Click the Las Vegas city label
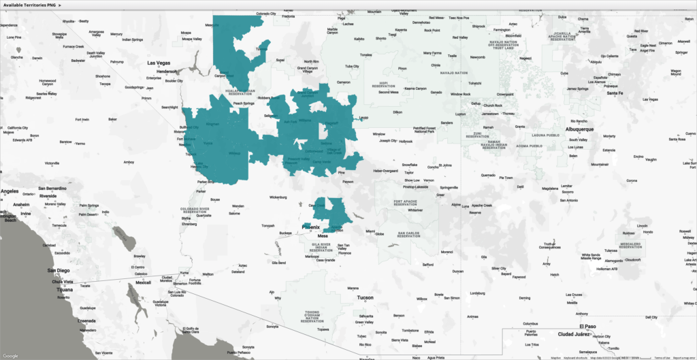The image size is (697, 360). click(x=161, y=63)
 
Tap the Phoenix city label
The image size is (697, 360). click(x=311, y=227)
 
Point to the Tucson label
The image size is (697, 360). click(x=366, y=298)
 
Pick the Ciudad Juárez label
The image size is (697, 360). click(x=577, y=334)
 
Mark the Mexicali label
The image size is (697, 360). click(x=143, y=282)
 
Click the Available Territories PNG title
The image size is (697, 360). click(x=31, y=5)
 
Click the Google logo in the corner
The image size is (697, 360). click(x=11, y=355)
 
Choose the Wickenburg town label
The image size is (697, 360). click(x=278, y=198)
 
